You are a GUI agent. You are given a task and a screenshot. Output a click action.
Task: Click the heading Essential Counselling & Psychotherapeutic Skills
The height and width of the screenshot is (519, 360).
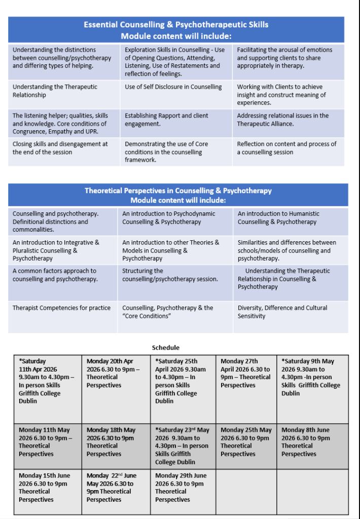[176, 24]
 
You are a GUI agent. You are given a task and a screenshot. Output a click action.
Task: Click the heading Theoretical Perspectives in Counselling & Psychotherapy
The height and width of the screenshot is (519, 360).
[178, 191]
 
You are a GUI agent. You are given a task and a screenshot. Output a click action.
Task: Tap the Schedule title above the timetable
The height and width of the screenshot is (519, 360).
[165, 348]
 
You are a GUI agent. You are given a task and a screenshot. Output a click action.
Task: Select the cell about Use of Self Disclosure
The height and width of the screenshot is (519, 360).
[173, 87]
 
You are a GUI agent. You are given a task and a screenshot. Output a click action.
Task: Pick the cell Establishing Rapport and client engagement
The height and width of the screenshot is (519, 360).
[166, 120]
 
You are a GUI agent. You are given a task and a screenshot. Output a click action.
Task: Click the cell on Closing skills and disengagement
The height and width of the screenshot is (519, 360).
[60, 148]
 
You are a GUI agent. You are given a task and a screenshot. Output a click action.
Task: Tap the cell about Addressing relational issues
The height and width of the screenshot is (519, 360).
[282, 120]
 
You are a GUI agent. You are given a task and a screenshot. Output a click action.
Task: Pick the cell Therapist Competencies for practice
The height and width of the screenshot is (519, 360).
[61, 308]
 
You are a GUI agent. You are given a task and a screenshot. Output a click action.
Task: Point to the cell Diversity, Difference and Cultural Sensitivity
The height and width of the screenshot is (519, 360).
[282, 312]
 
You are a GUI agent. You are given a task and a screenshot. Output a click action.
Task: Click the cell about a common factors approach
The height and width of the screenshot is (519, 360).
[55, 275]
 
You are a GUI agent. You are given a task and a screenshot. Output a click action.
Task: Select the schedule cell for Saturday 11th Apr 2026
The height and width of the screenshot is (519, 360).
[47, 381]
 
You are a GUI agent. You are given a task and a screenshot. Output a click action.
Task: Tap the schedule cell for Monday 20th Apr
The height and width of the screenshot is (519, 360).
[115, 374]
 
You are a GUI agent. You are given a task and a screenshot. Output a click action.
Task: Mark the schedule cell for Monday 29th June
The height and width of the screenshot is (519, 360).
[181, 488]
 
